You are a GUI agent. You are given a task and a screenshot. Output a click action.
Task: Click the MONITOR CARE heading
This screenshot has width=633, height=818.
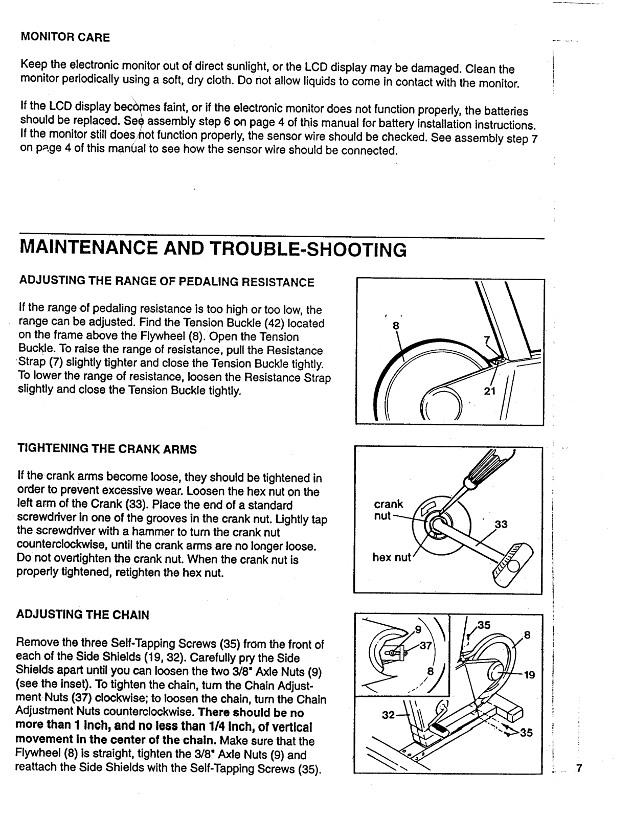pyautogui.click(x=65, y=37)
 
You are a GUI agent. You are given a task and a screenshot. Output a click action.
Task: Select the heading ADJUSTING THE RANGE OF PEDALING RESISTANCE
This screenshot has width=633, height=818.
pyautogui.click(x=166, y=282)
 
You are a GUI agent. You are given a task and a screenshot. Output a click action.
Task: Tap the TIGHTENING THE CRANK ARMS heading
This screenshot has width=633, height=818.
pyautogui.click(x=107, y=449)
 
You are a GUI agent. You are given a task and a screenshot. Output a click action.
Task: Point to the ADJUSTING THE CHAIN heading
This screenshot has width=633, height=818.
pyautogui.click(x=83, y=615)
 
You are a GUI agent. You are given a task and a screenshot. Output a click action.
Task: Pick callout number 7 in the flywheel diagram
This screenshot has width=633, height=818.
pyautogui.click(x=486, y=340)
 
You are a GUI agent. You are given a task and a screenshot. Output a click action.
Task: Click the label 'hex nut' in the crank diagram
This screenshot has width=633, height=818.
pyautogui.click(x=391, y=557)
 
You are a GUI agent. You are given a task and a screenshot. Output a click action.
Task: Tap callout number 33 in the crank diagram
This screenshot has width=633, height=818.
pyautogui.click(x=501, y=525)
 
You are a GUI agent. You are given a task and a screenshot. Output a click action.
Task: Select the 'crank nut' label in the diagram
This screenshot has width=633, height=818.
pyautogui.click(x=388, y=510)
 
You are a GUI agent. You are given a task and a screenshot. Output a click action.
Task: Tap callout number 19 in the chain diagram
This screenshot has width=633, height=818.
pyautogui.click(x=529, y=675)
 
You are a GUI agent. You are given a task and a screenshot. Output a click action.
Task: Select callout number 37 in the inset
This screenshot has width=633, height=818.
pyautogui.click(x=426, y=645)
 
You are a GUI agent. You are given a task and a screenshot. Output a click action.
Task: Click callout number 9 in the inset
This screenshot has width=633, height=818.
pyautogui.click(x=418, y=629)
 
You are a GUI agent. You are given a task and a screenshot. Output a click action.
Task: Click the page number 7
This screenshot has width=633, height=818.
pyautogui.click(x=579, y=768)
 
